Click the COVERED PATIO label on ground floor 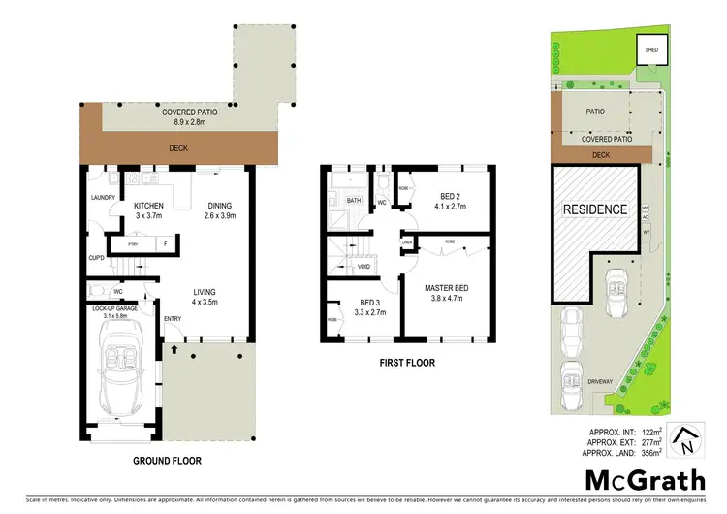[x=189, y=112]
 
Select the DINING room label [x=222, y=206]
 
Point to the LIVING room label [x=204, y=292]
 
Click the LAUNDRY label [x=104, y=197]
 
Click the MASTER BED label [x=449, y=287]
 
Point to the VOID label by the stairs [x=364, y=267]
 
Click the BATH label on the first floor [x=354, y=201]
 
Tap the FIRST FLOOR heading [x=407, y=363]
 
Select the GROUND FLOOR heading [x=166, y=462]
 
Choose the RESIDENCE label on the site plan [x=596, y=209]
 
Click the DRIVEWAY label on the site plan [x=601, y=382]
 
